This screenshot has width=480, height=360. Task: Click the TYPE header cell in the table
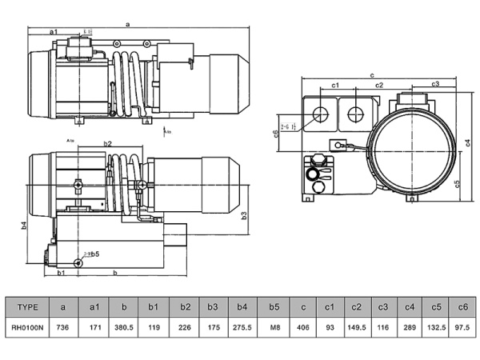click(x=28, y=306)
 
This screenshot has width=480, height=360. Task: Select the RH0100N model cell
click(x=28, y=327)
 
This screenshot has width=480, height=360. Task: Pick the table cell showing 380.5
click(x=123, y=327)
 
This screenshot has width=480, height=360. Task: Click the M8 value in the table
click(x=274, y=327)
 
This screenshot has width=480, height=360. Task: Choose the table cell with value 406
click(x=303, y=327)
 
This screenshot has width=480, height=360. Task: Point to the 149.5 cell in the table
click(x=357, y=327)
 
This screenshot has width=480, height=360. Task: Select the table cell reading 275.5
click(x=243, y=327)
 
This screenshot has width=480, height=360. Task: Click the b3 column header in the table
click(x=213, y=306)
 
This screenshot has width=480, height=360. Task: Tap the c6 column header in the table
click(x=462, y=306)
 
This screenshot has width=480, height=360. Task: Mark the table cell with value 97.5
click(x=462, y=327)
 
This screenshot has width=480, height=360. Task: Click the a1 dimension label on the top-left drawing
click(x=54, y=31)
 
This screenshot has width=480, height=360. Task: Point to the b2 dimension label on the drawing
click(x=108, y=144)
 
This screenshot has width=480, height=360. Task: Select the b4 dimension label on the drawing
click(x=24, y=225)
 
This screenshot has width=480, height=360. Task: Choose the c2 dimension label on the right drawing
click(x=379, y=84)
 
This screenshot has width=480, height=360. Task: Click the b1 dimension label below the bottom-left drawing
click(x=62, y=274)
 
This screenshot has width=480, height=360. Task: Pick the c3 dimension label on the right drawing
click(x=436, y=83)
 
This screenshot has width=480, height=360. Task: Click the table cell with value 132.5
click(x=436, y=327)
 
